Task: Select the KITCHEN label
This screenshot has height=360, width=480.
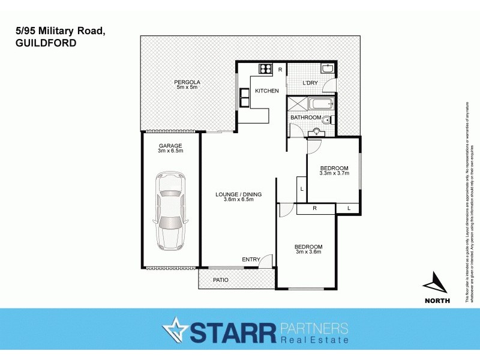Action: click(x=267, y=91)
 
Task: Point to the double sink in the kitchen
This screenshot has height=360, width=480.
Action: click(x=245, y=97)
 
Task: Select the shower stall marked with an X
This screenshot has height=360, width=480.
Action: click(x=296, y=105)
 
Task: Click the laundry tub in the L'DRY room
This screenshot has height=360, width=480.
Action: click(x=326, y=70)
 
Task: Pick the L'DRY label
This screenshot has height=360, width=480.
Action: click(x=310, y=83)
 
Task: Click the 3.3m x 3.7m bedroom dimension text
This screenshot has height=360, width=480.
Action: click(x=334, y=173)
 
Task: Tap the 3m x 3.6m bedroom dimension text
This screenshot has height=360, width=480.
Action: click(x=308, y=252)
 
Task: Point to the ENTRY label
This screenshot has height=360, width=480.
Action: click(x=251, y=259)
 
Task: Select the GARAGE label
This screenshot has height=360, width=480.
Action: click(x=170, y=146)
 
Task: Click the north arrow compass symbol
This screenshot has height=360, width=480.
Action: click(x=436, y=282)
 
